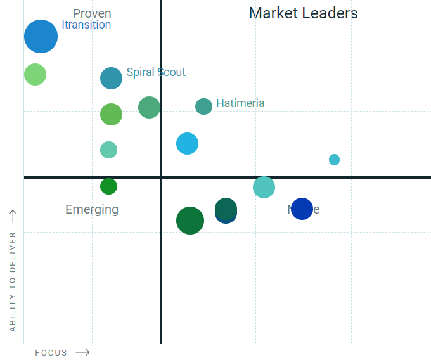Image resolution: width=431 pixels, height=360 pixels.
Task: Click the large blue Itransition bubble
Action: (41, 36)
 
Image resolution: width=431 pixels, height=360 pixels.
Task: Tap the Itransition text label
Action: (86, 25)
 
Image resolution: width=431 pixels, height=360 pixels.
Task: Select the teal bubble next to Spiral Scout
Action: (111, 79)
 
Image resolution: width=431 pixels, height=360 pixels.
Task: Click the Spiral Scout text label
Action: (156, 72)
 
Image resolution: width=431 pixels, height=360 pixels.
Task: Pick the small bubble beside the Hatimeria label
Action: (203, 106)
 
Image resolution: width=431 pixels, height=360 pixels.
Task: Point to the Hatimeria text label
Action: (240, 103)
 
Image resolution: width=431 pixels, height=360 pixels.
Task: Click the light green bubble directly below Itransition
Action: (35, 74)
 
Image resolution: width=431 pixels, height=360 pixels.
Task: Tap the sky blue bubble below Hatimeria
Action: (187, 144)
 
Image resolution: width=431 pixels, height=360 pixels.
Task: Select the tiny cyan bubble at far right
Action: (334, 160)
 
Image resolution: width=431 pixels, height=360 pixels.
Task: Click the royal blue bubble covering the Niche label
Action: (302, 209)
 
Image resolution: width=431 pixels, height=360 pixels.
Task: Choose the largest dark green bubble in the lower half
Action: (190, 221)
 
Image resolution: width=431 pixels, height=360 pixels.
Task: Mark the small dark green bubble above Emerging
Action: (109, 186)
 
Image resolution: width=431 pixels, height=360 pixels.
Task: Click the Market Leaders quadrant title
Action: (303, 13)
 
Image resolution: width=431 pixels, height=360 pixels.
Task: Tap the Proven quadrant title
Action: (92, 13)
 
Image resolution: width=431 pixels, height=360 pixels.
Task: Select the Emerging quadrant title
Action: (92, 210)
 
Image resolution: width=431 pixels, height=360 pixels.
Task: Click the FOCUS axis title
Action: (51, 353)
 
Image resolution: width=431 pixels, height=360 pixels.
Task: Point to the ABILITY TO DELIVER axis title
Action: (13, 281)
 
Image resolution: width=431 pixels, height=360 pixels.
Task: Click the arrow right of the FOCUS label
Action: (82, 352)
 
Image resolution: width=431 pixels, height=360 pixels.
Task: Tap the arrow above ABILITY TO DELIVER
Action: (13, 217)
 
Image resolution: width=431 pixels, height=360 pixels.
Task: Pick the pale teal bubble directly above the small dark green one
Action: (109, 150)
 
